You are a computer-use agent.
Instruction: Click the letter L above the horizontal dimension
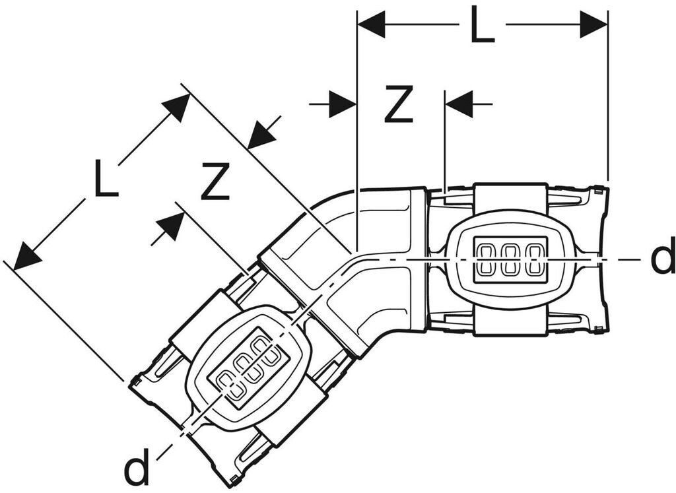coord(483,25)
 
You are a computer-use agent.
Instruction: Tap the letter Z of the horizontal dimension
coord(398,104)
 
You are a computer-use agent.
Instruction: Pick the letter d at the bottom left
coord(137,469)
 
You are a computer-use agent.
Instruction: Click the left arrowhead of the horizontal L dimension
coord(371,25)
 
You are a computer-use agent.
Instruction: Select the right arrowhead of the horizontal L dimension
coord(593,25)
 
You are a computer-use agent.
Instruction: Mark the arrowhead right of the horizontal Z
coord(459,104)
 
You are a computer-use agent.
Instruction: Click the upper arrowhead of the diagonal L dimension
coord(176,107)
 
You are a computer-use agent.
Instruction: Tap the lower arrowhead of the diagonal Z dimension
coord(170,226)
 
